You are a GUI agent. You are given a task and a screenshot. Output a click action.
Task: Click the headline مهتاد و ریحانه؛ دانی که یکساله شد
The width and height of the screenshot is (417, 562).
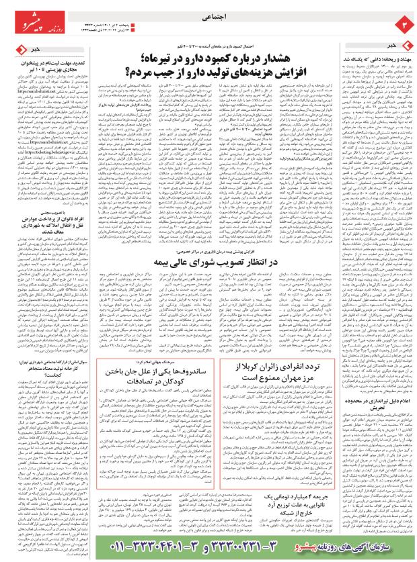click(374, 59)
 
